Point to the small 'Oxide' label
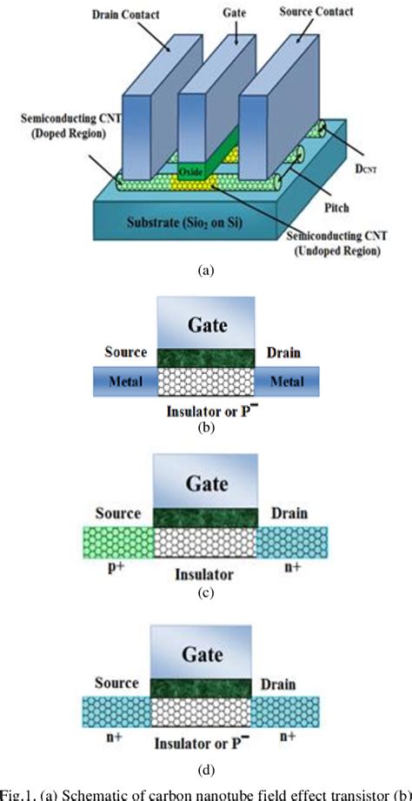point(191,173)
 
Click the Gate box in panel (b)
point(206,324)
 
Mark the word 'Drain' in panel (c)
point(288,514)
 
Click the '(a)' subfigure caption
point(206,270)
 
